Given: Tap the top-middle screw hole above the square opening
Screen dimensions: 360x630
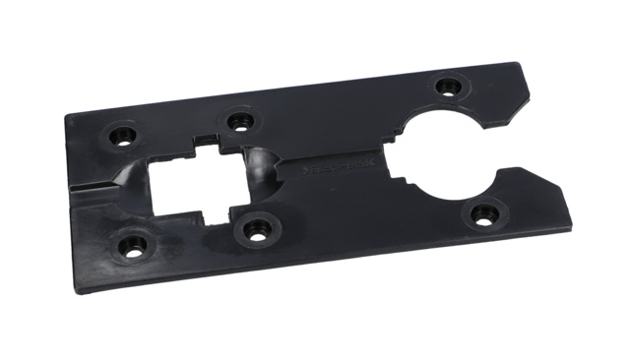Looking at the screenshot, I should (x=236, y=122).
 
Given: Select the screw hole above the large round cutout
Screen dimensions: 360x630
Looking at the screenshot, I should (x=448, y=86).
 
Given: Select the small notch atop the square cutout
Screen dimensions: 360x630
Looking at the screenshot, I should (x=205, y=145).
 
